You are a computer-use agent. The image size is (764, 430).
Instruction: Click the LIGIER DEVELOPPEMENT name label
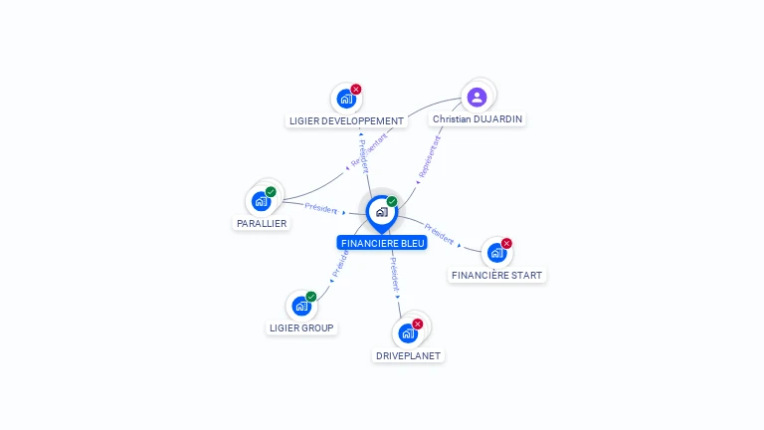346,121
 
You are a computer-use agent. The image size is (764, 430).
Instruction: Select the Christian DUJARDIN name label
477,118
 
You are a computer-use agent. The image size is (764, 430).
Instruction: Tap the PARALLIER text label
262,224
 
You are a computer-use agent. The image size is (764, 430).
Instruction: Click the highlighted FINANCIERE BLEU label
382,243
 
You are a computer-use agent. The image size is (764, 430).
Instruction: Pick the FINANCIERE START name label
497,276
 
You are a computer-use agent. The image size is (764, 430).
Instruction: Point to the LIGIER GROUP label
302,327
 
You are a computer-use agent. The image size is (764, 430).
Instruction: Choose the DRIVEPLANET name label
408,355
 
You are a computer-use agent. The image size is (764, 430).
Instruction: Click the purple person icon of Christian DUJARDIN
477,97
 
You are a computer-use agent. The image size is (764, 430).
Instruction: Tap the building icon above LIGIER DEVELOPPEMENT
345,100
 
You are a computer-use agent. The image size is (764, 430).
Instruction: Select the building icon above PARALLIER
261,201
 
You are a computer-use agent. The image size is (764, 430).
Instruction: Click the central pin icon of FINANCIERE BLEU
381,212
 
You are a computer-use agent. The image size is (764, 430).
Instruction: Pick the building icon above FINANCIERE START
496,253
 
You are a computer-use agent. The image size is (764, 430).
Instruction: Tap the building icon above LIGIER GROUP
300,306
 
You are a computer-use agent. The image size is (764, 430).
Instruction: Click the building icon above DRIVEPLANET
407,333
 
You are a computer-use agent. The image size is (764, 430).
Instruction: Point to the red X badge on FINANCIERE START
506,244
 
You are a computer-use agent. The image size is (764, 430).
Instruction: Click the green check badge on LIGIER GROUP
311,297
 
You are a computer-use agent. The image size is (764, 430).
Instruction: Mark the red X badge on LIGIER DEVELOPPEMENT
356,90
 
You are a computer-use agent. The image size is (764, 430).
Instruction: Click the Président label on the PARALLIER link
321,208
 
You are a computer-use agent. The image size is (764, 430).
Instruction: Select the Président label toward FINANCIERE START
439,232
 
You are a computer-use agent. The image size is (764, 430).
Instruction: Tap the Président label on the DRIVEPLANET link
394,271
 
